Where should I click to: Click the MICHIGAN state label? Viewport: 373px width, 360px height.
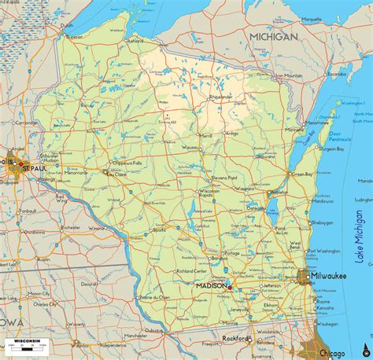[x=273, y=37]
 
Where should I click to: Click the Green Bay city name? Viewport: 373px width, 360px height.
[x=302, y=174]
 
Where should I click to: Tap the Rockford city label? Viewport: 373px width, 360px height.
[x=234, y=339]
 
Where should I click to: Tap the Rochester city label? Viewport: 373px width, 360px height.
[x=71, y=227]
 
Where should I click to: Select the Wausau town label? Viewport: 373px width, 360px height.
[x=190, y=147]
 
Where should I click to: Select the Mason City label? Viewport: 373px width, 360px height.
[x=39, y=294]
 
